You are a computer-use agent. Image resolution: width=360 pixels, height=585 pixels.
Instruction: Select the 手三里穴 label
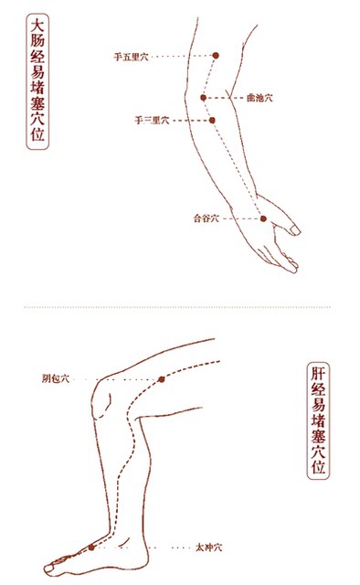pyautogui.click(x=152, y=121)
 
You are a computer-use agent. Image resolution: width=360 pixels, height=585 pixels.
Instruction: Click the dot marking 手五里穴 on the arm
pyautogui.click(x=216, y=56)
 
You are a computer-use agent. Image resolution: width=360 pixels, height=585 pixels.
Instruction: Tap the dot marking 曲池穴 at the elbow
pyautogui.click(x=204, y=98)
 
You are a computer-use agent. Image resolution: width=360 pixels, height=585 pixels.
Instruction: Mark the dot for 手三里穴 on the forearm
pyautogui.click(x=212, y=120)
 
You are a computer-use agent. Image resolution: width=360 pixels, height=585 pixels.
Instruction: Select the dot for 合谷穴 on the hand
pyautogui.click(x=262, y=218)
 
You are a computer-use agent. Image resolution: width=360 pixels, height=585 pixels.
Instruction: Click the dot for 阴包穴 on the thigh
pyautogui.click(x=161, y=378)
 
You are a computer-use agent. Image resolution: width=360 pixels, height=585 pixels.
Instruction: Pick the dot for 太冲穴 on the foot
pyautogui.click(x=91, y=547)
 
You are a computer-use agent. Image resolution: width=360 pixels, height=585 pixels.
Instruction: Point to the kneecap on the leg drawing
pyautogui.click(x=104, y=402)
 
